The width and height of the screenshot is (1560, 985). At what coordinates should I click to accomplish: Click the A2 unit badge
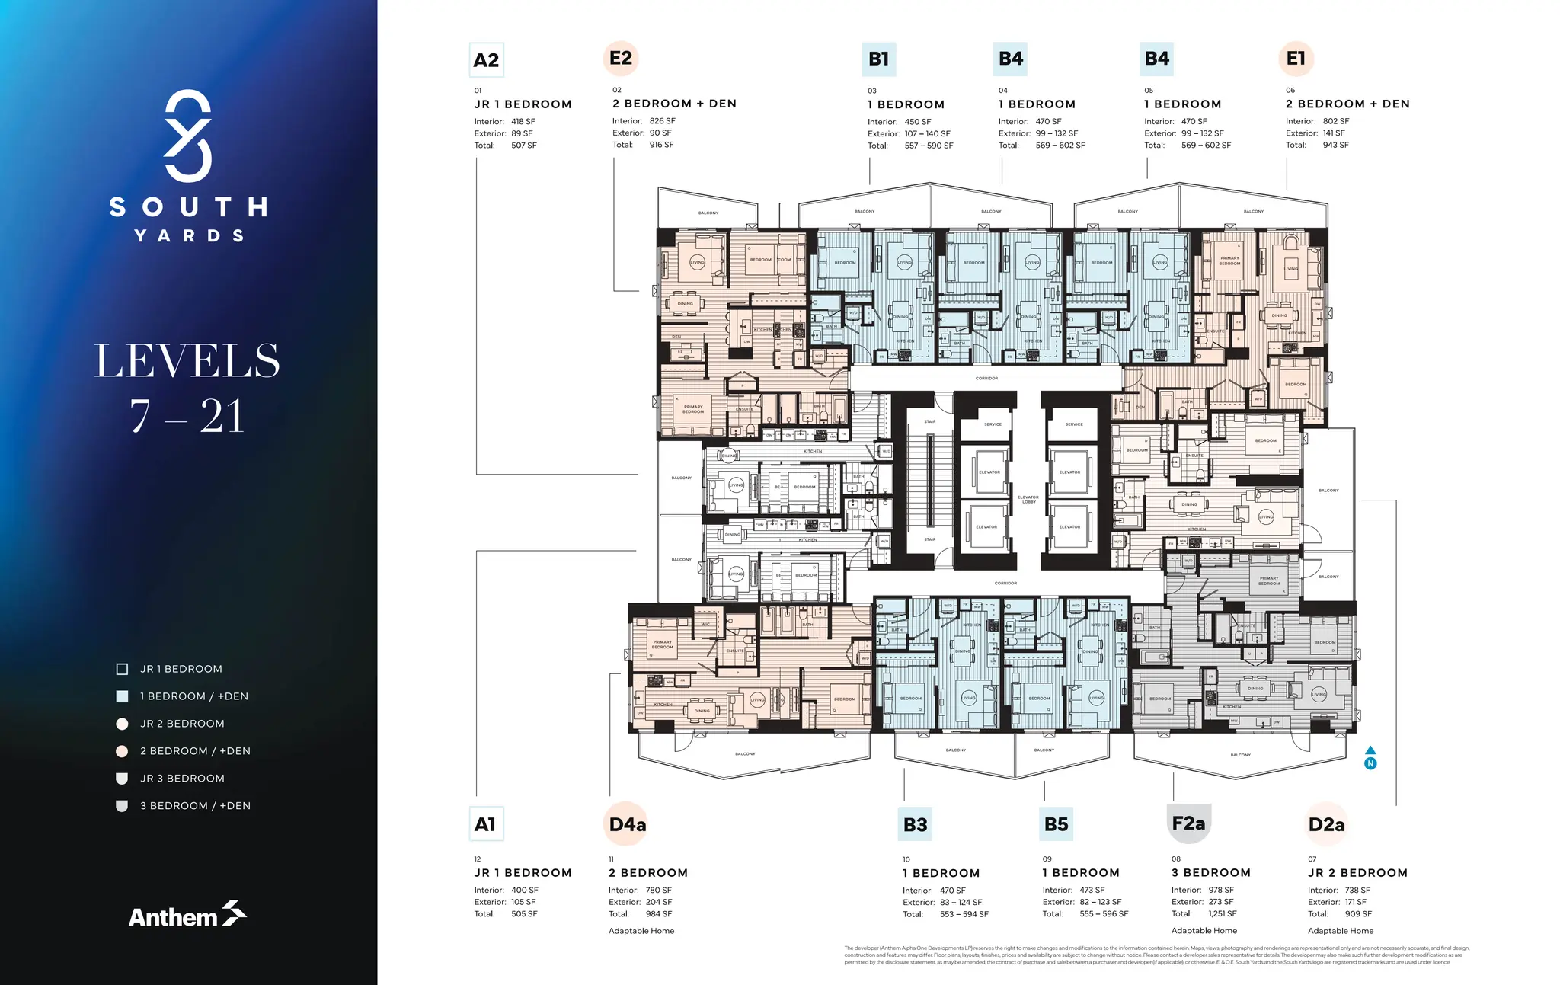pos(486,60)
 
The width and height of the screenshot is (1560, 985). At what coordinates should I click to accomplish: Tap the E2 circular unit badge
pos(621,58)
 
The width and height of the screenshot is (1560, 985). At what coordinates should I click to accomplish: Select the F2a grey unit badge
pos(1188,823)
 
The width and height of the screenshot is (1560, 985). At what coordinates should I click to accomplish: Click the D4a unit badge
pos(628,824)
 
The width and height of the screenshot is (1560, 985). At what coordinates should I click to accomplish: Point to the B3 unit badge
pos(915,824)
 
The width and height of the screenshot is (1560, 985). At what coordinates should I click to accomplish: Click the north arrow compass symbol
pos(1370,758)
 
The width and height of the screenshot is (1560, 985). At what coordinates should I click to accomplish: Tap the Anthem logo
pos(187,915)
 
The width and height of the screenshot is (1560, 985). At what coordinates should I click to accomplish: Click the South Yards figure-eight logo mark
pos(187,136)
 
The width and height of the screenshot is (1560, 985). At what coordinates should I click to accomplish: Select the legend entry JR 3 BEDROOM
pos(182,778)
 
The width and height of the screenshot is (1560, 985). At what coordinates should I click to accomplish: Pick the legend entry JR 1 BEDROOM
pos(181,669)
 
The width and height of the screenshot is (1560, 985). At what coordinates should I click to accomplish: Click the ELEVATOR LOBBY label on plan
pos(1028,499)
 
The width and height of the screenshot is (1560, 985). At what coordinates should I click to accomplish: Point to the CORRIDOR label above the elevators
pos(986,378)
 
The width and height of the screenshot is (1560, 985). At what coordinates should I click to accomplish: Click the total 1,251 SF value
pos(1222,913)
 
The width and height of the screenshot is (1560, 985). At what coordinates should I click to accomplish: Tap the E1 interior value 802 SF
pos(1335,121)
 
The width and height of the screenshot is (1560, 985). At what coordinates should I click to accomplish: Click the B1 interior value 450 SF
pos(917,122)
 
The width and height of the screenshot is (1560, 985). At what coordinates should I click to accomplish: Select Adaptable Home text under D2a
pos(1341,931)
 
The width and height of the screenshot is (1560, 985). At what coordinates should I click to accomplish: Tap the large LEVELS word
pos(187,361)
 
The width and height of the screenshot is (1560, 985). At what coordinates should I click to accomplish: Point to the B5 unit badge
pos(1056,824)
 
